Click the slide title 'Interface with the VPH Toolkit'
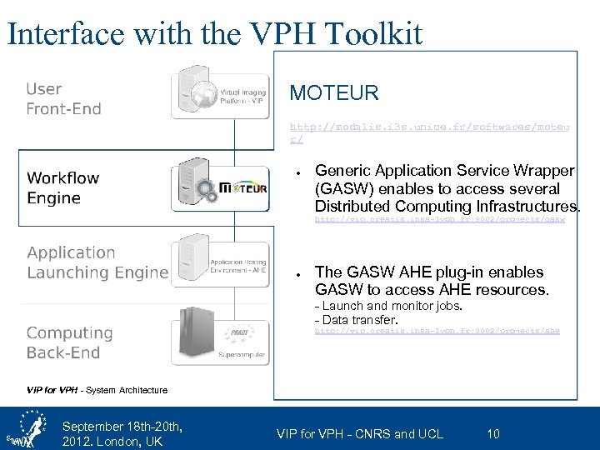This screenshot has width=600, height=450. (x=214, y=32)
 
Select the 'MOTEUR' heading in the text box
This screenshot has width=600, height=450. (x=333, y=92)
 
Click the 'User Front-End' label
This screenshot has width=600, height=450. (x=63, y=98)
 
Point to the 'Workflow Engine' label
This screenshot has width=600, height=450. (x=63, y=187)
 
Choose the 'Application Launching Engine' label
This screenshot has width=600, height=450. (x=97, y=262)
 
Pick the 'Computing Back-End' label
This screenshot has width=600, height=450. (x=69, y=342)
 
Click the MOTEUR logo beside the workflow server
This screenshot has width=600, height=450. (x=244, y=188)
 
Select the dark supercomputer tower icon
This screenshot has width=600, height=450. (x=192, y=337)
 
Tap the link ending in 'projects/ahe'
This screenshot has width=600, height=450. (x=437, y=331)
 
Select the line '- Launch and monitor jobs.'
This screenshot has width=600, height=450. (x=388, y=307)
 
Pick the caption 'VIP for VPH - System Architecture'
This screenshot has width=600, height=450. (x=97, y=390)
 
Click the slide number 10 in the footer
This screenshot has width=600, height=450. (x=493, y=433)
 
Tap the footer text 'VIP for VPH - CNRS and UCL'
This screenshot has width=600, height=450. (x=360, y=433)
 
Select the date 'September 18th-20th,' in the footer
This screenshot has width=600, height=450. (x=122, y=427)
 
